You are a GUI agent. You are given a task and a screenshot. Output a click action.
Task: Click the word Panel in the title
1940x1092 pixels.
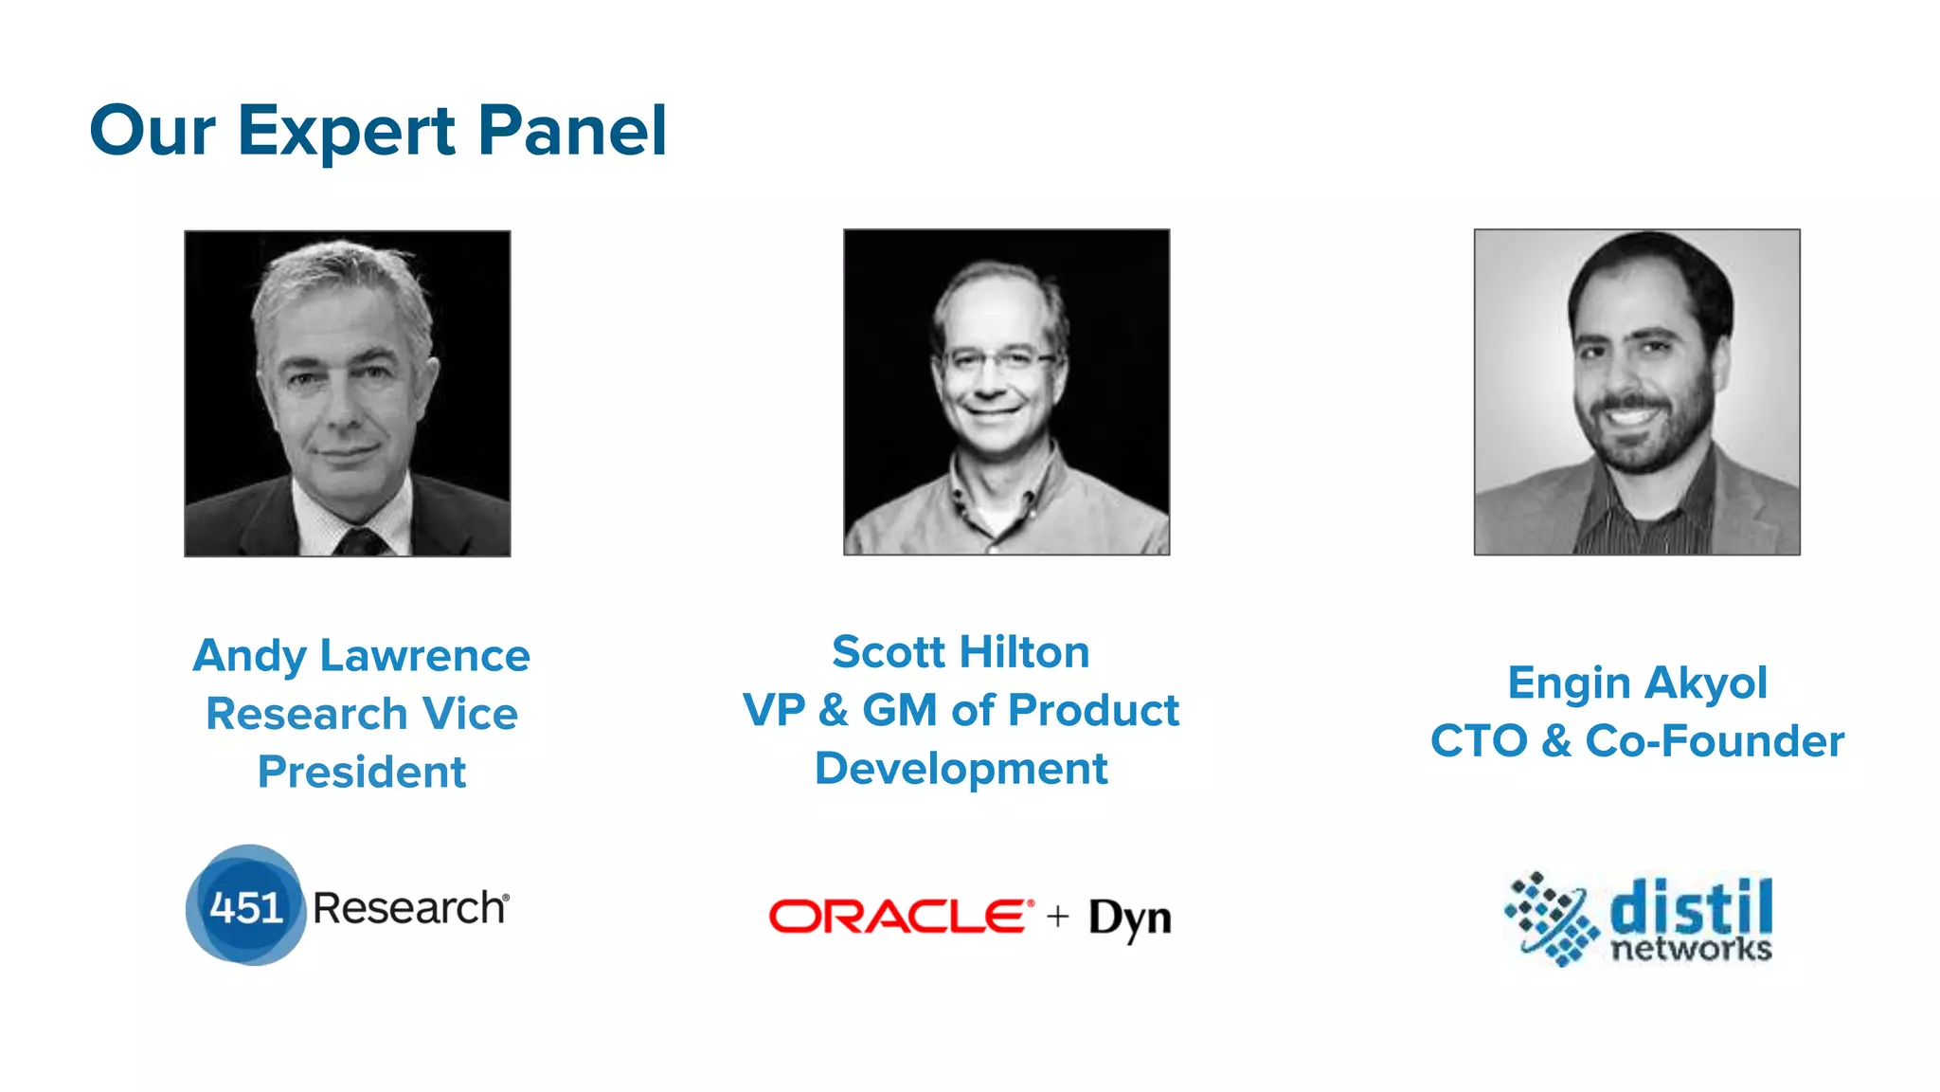coord(572,131)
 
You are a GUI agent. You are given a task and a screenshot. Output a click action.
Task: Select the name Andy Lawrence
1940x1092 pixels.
coord(361,656)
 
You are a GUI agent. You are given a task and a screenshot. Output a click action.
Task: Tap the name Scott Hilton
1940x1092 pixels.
coord(961,652)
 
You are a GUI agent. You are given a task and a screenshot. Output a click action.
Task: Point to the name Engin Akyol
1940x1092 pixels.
coord(1637,682)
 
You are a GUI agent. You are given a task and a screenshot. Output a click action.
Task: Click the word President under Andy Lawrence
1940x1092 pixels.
coord(361,772)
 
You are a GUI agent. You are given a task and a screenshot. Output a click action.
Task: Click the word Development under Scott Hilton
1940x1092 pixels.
coord(961,768)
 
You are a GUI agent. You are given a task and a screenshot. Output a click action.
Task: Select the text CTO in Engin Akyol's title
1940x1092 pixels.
coord(1478,741)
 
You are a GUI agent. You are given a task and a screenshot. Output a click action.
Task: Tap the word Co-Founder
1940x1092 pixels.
coord(1715,741)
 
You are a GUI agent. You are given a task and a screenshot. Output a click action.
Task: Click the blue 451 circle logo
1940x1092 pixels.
coord(245,906)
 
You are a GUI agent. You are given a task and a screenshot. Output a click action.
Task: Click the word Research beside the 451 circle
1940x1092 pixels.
coord(409,908)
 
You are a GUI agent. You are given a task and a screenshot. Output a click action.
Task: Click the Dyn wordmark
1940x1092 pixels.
coord(1129,918)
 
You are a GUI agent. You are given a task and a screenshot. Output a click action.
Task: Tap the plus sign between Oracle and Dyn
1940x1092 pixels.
coord(1058,917)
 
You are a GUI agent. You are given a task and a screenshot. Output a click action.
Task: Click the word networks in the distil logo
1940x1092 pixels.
coord(1691,949)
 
